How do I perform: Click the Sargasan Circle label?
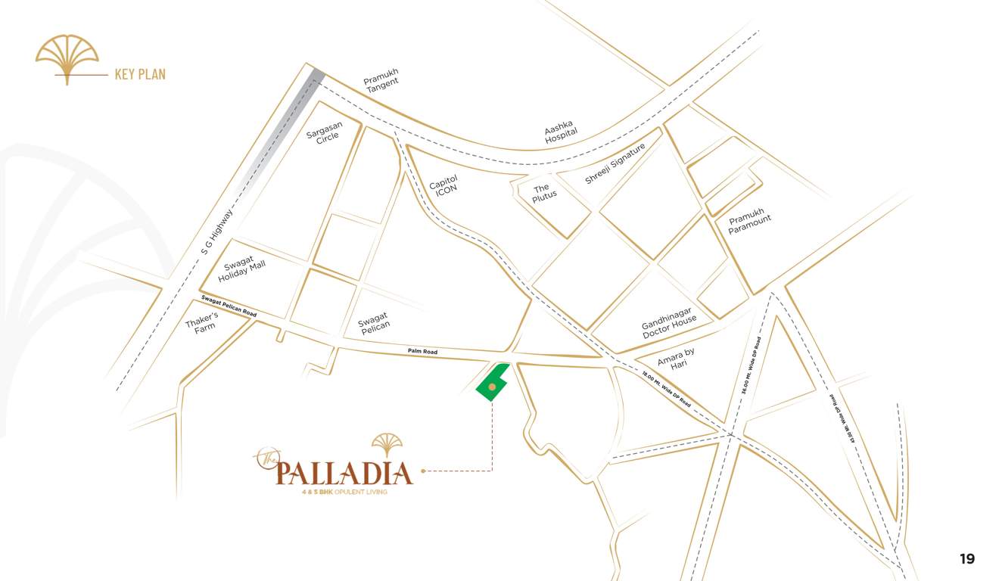(325, 132)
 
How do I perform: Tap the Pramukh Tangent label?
(381, 81)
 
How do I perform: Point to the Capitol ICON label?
(445, 186)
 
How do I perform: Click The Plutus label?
(543, 192)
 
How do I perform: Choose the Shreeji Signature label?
(615, 164)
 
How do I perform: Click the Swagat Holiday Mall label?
(241, 269)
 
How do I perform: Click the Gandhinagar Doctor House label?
(669, 324)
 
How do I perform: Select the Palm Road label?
(422, 352)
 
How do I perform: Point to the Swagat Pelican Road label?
(229, 306)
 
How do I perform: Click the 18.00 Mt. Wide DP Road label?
(666, 390)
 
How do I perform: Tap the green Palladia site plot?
(492, 384)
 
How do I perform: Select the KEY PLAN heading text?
(140, 74)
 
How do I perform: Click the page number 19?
(967, 559)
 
